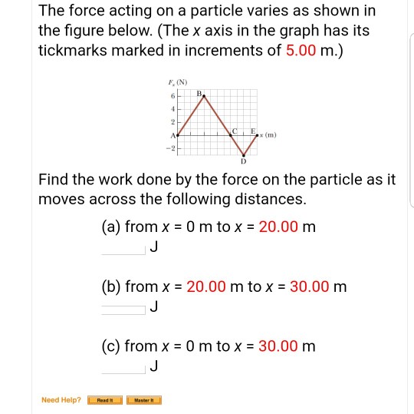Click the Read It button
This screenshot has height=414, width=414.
[x=104, y=400]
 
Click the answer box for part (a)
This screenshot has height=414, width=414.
[x=123, y=247]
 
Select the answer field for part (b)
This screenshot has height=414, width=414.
[x=123, y=306]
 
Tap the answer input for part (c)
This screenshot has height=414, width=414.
[x=123, y=366]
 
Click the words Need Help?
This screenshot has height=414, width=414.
[x=61, y=400]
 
